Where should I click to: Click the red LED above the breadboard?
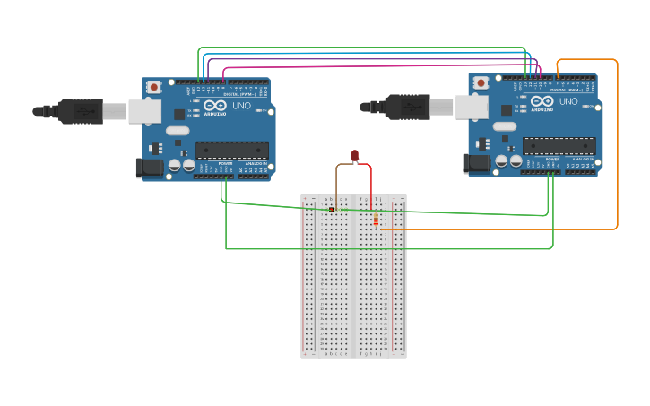[355, 156]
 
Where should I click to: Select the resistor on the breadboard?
[376, 220]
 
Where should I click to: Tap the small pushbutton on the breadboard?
[332, 210]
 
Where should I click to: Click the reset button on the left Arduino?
[154, 87]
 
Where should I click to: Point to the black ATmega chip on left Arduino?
[231, 150]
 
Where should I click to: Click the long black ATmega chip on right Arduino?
[559, 145]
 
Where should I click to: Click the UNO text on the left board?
[242, 106]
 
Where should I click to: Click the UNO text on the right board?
[569, 101]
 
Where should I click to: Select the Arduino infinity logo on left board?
[215, 105]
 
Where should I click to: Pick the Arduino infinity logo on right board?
[542, 100]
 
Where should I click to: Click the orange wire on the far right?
[617, 143]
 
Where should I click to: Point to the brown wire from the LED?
[337, 184]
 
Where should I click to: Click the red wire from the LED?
[371, 184]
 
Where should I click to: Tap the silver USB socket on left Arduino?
[143, 111]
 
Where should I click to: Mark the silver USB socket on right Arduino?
[471, 107]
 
